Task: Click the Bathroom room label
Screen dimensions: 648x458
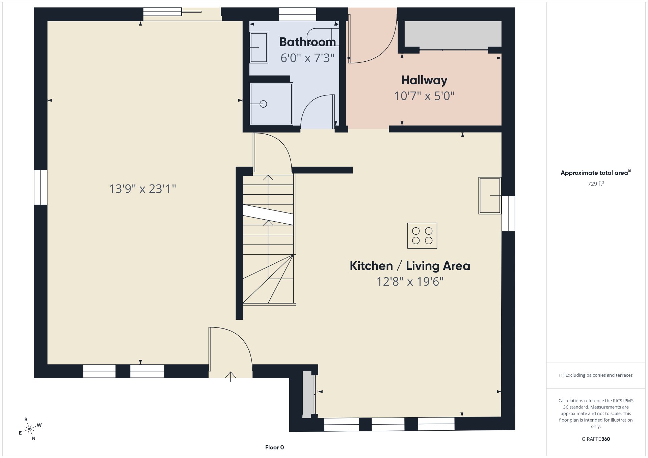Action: pyautogui.click(x=307, y=42)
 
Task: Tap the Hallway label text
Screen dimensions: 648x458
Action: pyautogui.click(x=424, y=80)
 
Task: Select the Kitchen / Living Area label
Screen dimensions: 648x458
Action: pyautogui.click(x=410, y=266)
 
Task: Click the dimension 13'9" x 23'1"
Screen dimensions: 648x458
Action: pyautogui.click(x=142, y=189)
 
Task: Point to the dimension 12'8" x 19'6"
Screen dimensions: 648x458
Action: pyautogui.click(x=410, y=281)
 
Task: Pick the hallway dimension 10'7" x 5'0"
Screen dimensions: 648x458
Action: pyautogui.click(x=424, y=96)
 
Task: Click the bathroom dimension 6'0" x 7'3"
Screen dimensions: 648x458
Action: pyautogui.click(x=307, y=58)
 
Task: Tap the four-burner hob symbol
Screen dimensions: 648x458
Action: pyautogui.click(x=422, y=236)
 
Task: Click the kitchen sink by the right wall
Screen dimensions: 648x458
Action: pyautogui.click(x=490, y=196)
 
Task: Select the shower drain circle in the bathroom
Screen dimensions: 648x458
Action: pyautogui.click(x=263, y=104)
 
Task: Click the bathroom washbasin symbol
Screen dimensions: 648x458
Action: pyautogui.click(x=259, y=48)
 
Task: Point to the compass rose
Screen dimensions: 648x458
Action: pyautogui.click(x=30, y=429)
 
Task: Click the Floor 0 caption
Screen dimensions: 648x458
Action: pyautogui.click(x=274, y=448)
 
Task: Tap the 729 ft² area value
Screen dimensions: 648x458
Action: pyautogui.click(x=596, y=184)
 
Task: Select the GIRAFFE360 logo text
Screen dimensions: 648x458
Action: pyautogui.click(x=596, y=439)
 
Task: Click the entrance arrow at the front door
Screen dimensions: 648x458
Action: pyautogui.click(x=231, y=377)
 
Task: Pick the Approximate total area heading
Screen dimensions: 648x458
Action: pyautogui.click(x=596, y=173)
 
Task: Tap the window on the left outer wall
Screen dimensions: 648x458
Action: pyautogui.click(x=40, y=187)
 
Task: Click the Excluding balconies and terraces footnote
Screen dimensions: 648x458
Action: pyautogui.click(x=596, y=375)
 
